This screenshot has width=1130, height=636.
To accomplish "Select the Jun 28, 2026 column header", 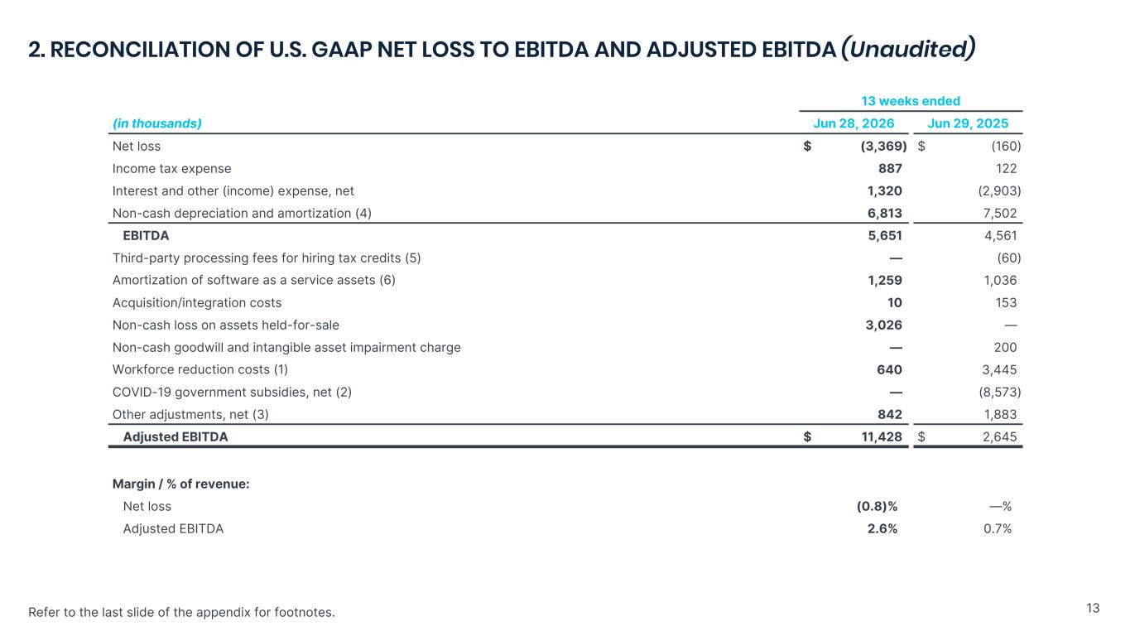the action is (x=854, y=123).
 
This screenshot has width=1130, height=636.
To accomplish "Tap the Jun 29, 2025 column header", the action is (x=968, y=123).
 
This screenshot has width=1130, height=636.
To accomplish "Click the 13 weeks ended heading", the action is (x=911, y=101).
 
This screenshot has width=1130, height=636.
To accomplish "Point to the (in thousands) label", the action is (x=157, y=123).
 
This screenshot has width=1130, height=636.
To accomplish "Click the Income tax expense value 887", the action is (x=890, y=169).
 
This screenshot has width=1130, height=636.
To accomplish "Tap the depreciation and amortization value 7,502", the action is (x=999, y=213).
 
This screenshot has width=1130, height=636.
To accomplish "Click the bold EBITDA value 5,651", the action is (x=885, y=236).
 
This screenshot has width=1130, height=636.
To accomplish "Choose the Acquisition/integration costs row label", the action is (x=197, y=303).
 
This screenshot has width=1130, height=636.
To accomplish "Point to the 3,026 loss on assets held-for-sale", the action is (x=884, y=325).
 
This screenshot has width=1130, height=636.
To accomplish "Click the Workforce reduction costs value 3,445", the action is (x=999, y=369).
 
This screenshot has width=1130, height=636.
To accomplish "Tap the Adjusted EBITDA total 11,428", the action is (x=882, y=436).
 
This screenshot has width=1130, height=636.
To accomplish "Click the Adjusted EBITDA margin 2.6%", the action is (x=882, y=528).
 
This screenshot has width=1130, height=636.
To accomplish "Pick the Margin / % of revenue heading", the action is (x=180, y=484).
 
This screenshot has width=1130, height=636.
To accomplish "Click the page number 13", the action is (x=1093, y=608).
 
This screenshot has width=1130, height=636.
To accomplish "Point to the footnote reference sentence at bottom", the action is (x=181, y=612).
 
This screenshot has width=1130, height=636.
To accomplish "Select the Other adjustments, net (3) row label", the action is (x=190, y=414).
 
